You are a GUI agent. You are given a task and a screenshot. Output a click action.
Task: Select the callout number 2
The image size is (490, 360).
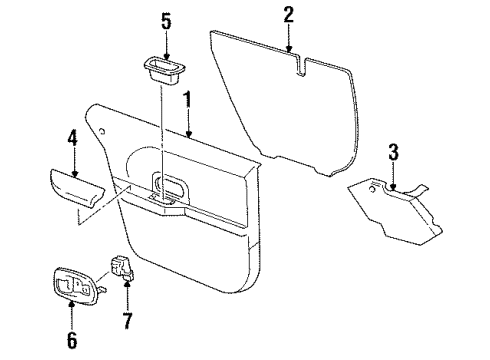click(288, 15)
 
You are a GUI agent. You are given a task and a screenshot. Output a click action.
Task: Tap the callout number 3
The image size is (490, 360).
click(393, 153)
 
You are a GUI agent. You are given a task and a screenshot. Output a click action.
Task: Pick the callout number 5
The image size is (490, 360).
click(167, 20)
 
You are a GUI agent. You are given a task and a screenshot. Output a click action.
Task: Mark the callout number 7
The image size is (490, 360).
click(126, 323)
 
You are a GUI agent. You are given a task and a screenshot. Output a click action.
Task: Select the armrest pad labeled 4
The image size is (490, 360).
click(72, 187)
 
